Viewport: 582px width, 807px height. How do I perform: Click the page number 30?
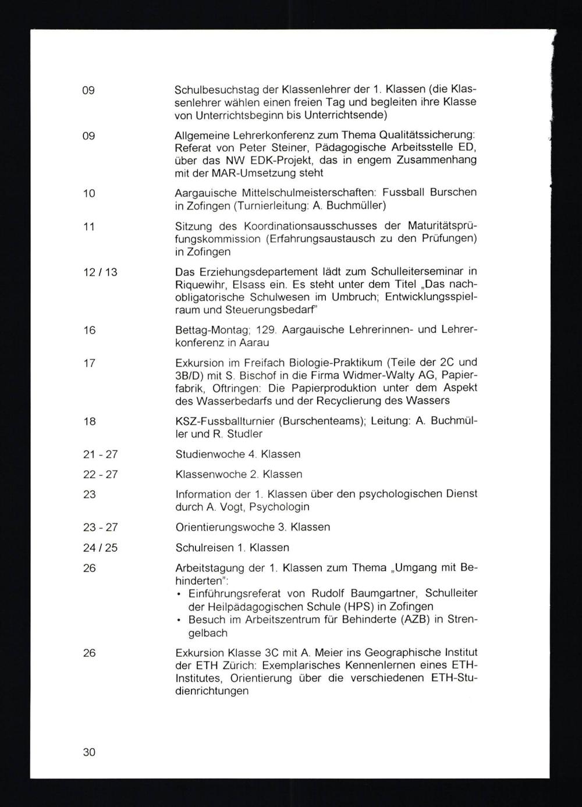[89, 752]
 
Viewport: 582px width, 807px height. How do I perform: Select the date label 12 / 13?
[100, 272]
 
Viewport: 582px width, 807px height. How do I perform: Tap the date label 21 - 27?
[100, 454]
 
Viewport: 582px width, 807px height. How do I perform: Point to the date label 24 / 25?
[100, 548]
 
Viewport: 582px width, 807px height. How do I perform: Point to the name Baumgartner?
[383, 593]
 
